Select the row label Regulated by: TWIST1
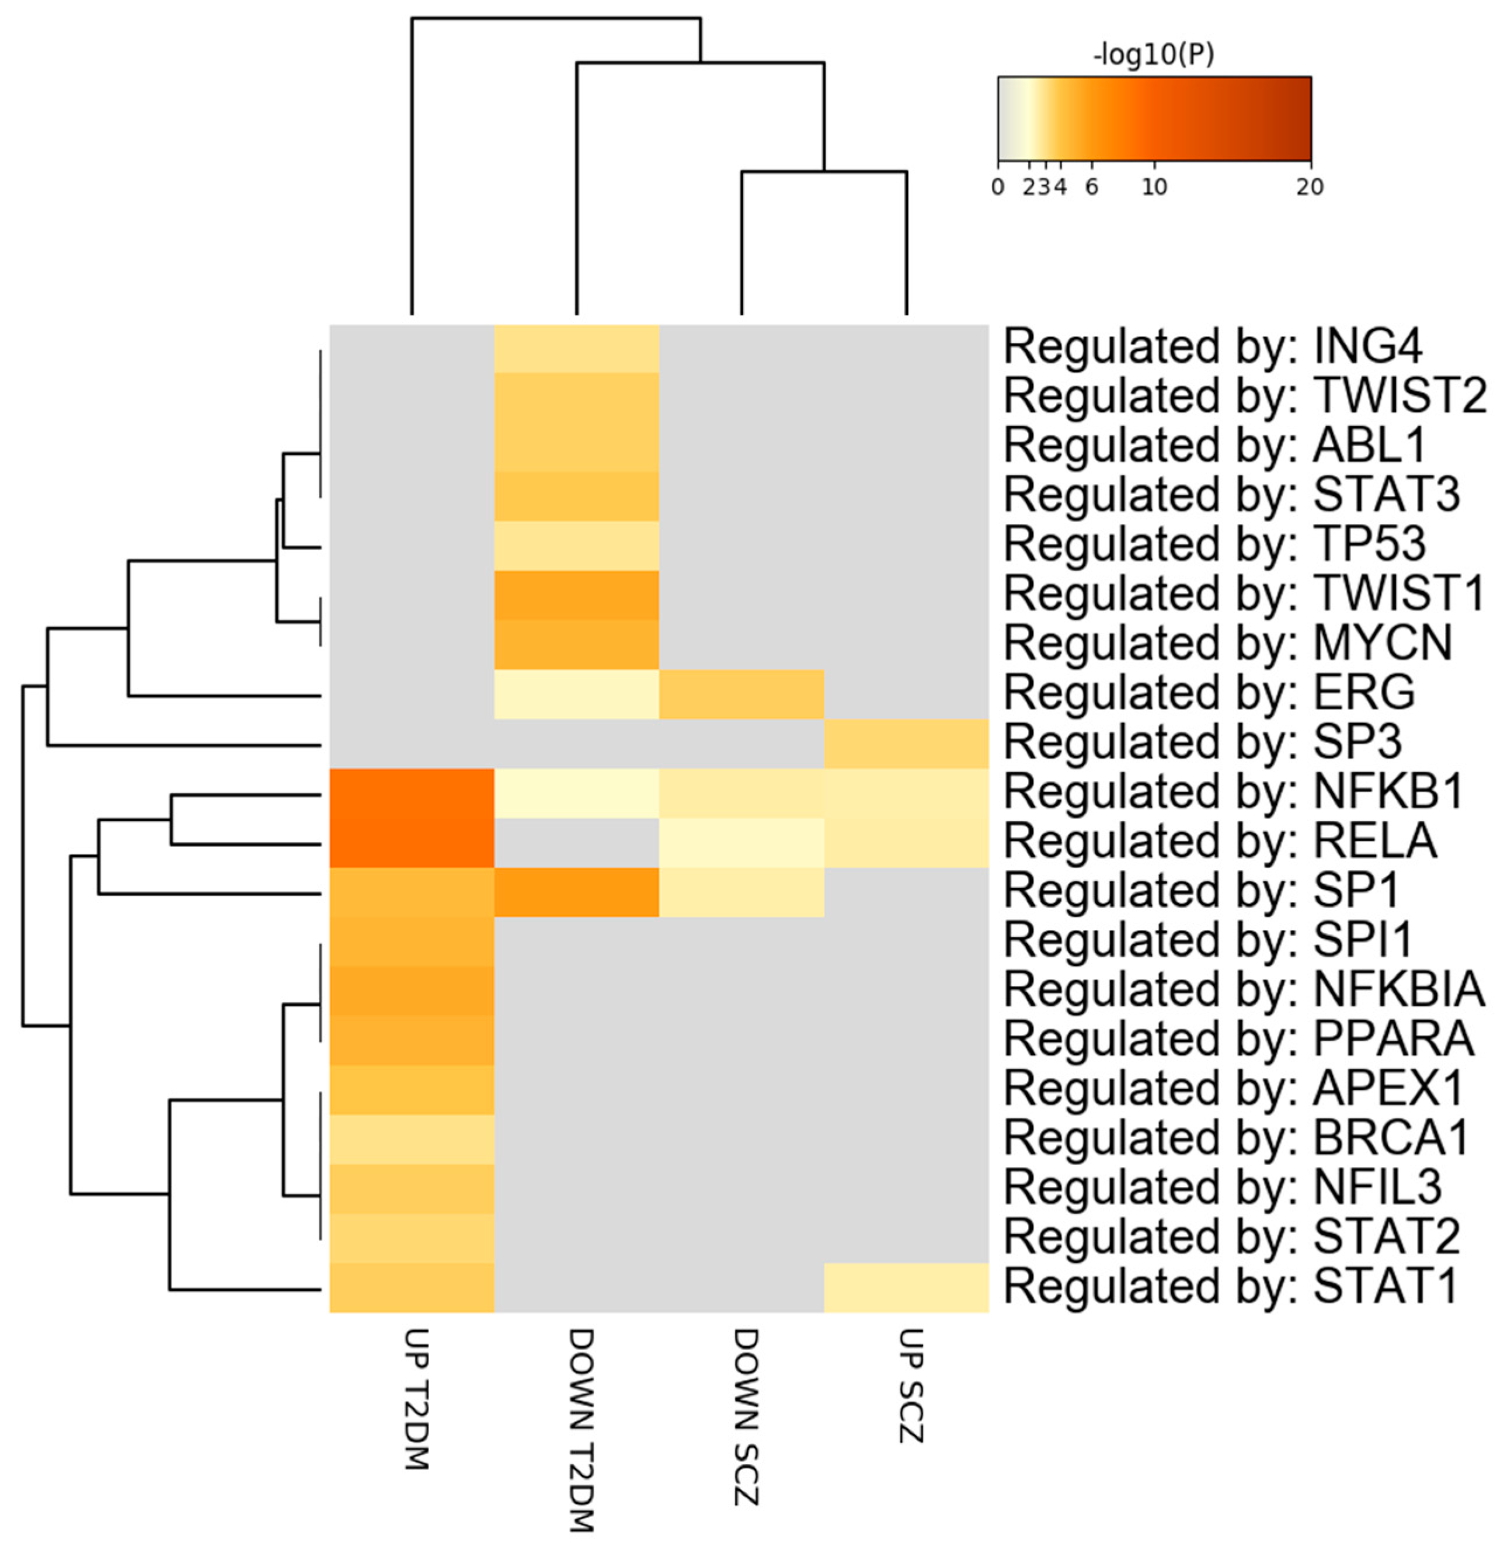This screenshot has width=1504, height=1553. click(x=1244, y=593)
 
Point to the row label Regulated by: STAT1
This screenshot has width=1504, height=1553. click(x=1231, y=1286)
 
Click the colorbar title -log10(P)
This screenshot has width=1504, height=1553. click(x=1153, y=55)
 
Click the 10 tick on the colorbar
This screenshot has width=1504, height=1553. click(x=1154, y=187)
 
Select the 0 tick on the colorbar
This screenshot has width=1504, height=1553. click(x=998, y=187)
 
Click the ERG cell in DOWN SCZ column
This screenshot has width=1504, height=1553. click(x=741, y=694)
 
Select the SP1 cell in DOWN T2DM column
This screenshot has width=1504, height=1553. click(x=577, y=892)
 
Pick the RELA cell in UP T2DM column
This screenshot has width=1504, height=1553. click(x=412, y=842)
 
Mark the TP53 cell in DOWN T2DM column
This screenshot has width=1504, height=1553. click(x=577, y=545)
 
